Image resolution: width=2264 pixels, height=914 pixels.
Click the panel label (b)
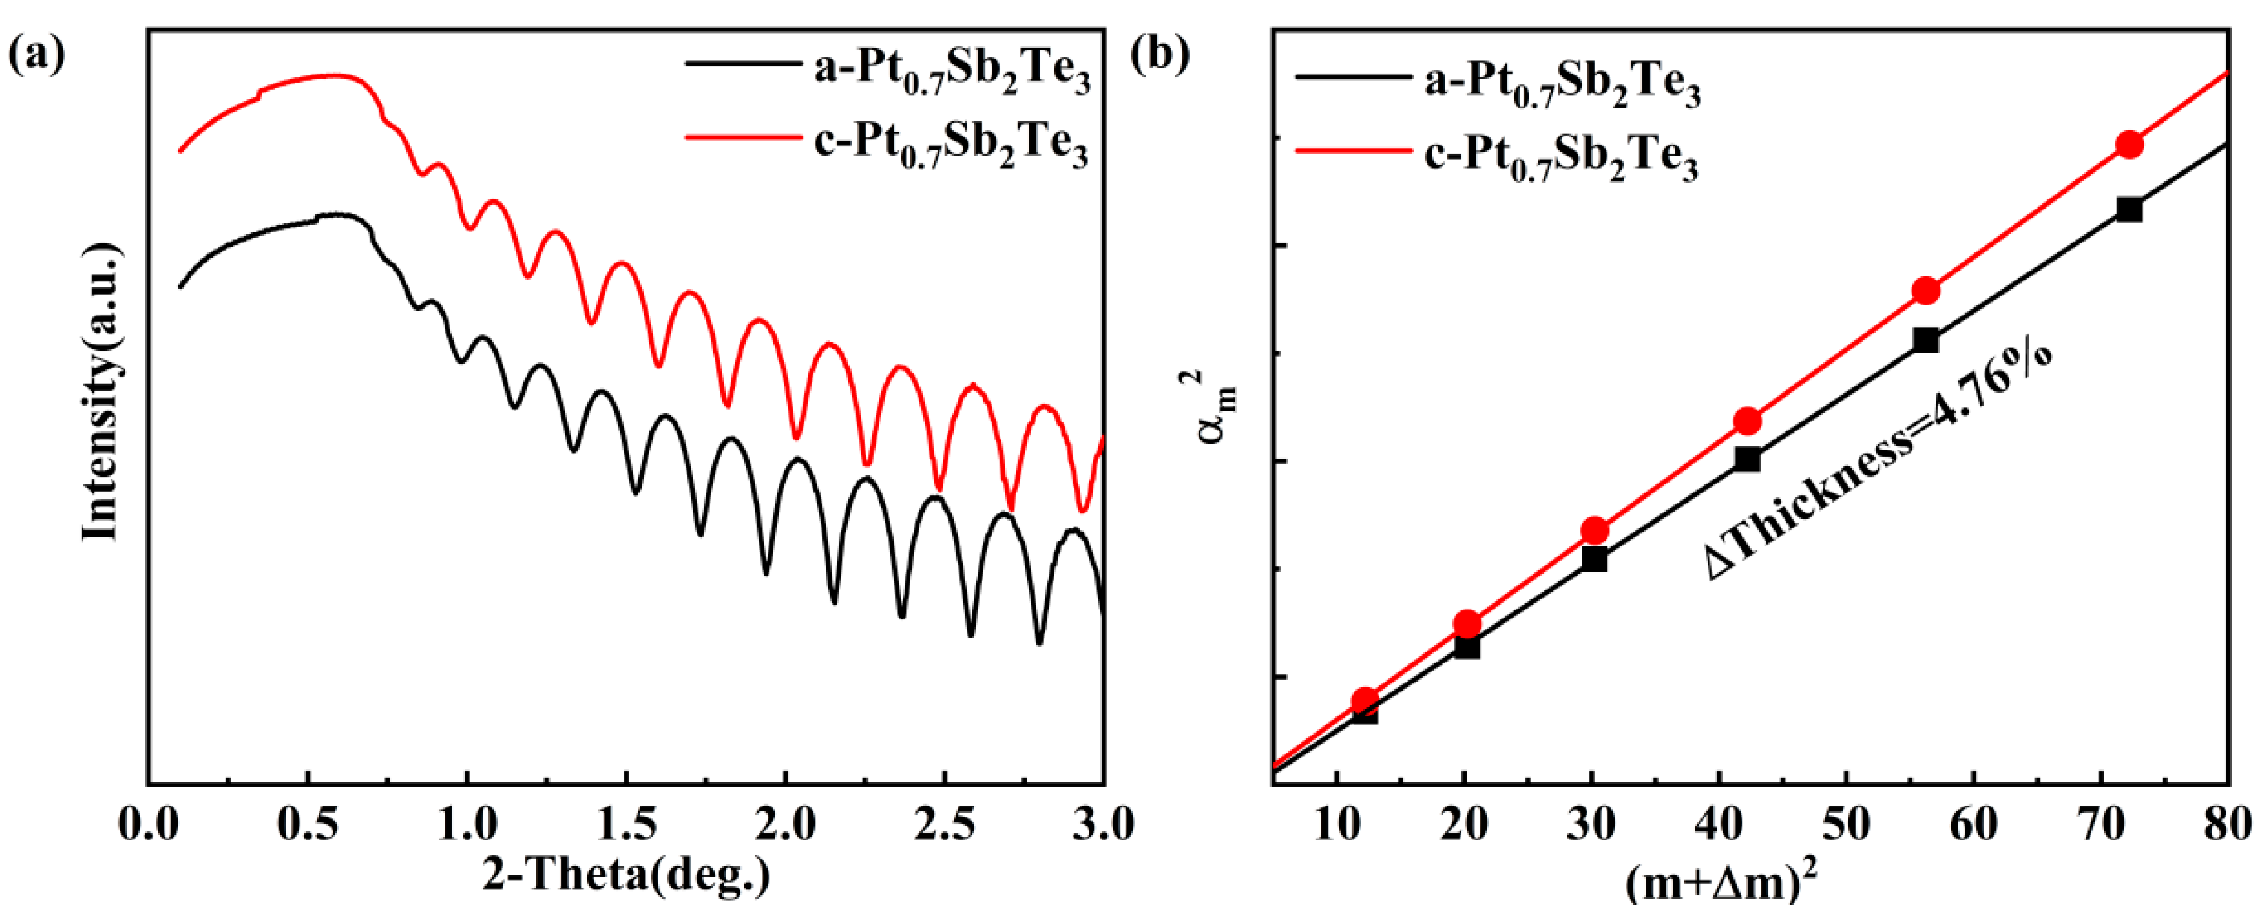[1159, 55]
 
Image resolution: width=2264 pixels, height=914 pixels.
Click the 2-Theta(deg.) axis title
[626, 875]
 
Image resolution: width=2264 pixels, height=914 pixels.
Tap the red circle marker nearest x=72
[2128, 145]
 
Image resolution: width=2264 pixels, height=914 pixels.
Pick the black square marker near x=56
[1925, 340]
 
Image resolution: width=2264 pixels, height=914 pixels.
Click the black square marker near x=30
[1594, 559]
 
